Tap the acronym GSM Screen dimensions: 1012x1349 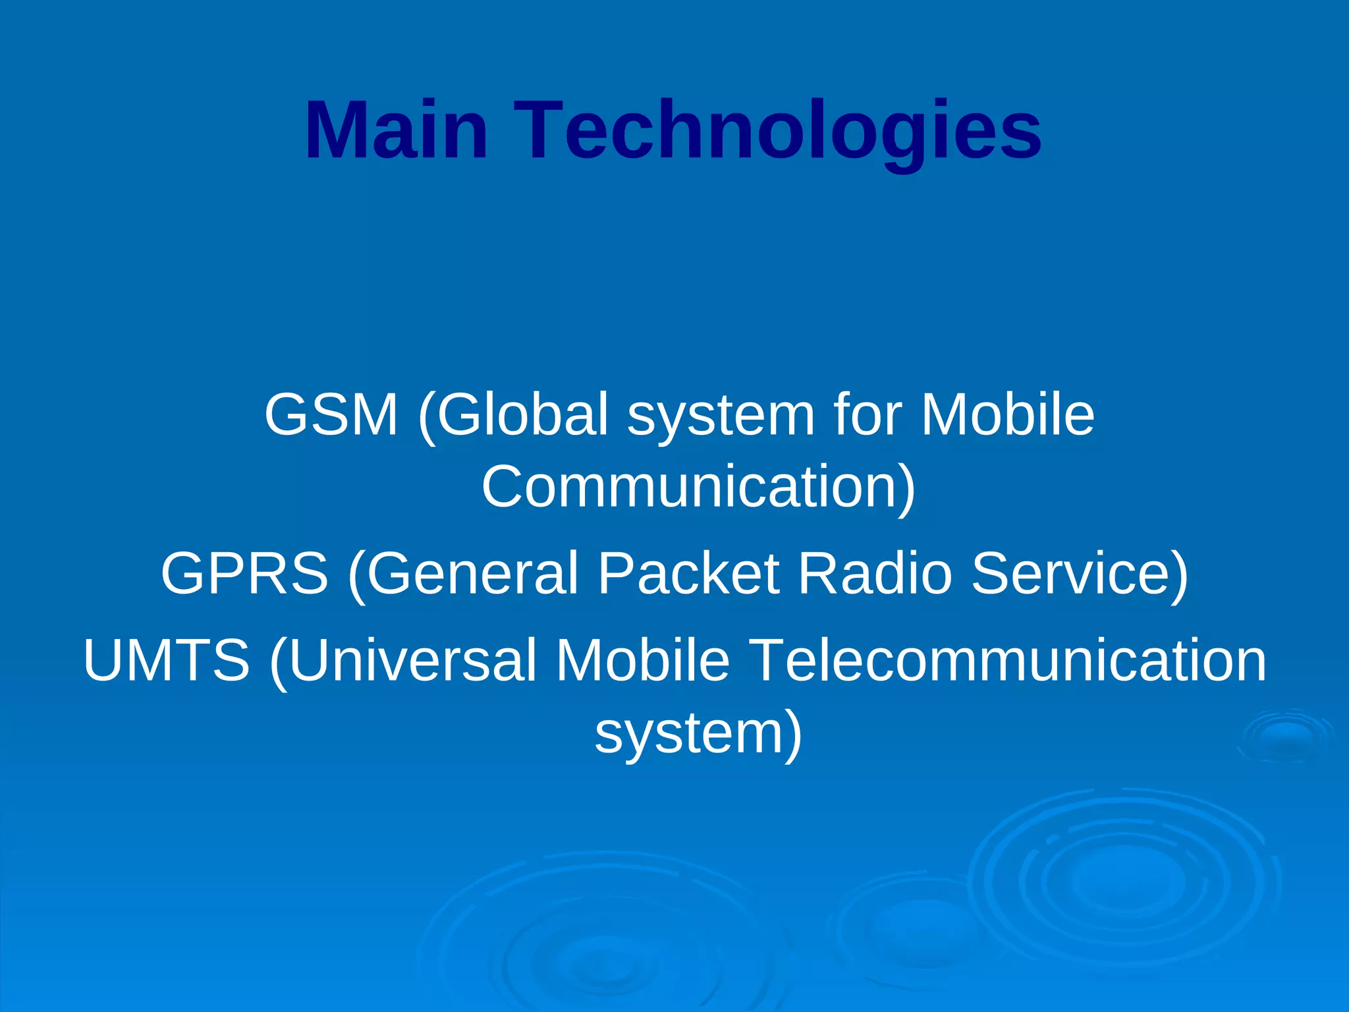331,414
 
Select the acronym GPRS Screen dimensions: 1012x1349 244,573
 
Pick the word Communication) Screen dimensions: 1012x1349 699,487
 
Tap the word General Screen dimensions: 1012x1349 472,573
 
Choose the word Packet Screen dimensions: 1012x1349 689,573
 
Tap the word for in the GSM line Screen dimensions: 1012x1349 867,414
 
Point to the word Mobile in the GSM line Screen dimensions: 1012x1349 1008,414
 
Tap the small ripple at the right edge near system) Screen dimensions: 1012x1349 1284,737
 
